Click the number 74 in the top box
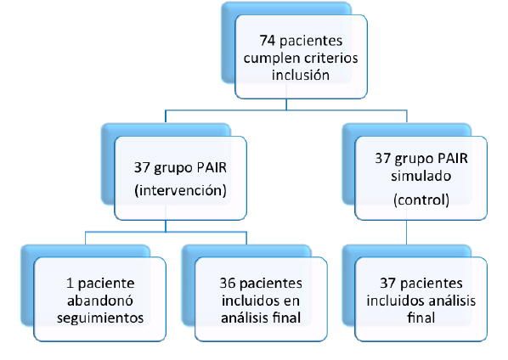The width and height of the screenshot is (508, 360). (x=268, y=41)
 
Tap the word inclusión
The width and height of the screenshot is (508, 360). (x=301, y=75)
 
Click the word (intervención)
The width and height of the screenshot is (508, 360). (x=180, y=190)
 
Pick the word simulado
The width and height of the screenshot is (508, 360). (x=421, y=176)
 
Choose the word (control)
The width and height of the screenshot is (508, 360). (x=421, y=200)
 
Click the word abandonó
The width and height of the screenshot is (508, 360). (x=100, y=301)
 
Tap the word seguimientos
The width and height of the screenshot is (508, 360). (x=100, y=318)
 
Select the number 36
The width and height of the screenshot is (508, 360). (x=227, y=284)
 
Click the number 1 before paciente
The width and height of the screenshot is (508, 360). (x=70, y=284)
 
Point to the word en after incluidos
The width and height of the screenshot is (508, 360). (x=291, y=301)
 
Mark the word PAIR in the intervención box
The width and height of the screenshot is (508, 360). (x=212, y=168)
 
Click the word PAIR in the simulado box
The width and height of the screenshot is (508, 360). (x=453, y=159)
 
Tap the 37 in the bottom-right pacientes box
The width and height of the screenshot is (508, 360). (x=388, y=284)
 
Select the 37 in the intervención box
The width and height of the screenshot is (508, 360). (x=142, y=168)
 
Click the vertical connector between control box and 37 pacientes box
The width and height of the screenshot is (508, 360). (x=407, y=233)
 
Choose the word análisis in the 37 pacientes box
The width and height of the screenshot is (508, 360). (x=453, y=301)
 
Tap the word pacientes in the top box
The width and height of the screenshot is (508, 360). (x=311, y=42)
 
